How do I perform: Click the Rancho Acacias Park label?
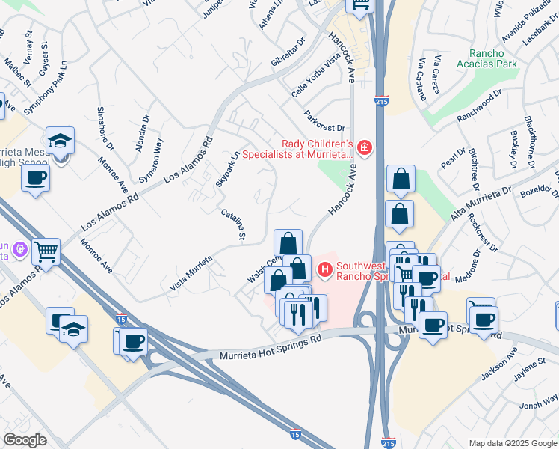[x=492, y=58]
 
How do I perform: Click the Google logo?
[x=25, y=440]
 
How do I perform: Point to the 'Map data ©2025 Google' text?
[x=512, y=443]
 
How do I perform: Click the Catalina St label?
[x=233, y=224]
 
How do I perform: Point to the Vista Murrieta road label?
[x=191, y=272]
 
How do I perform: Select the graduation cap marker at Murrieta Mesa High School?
[x=60, y=139]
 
